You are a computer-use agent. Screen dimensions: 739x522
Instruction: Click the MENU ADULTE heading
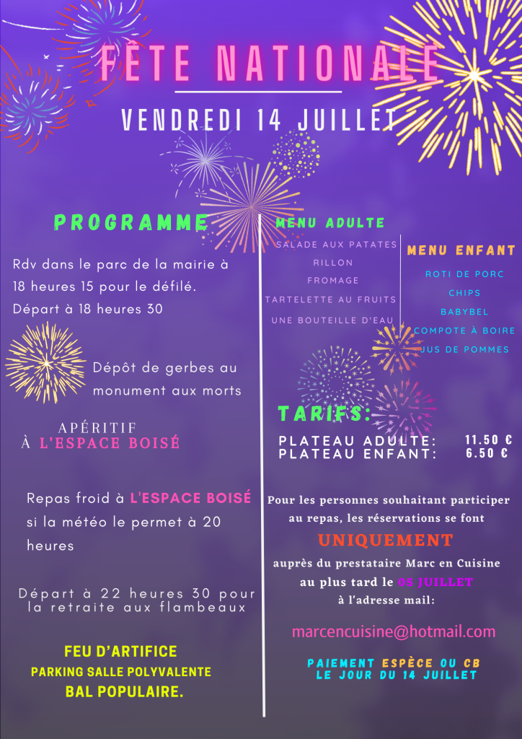coord(330,223)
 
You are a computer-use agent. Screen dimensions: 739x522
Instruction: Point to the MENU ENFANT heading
coord(461,250)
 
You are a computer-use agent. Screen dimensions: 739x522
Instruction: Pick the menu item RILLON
coord(333,263)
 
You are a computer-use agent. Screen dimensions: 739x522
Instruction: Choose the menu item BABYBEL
coord(464,312)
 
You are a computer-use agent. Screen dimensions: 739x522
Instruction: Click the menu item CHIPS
coord(464,293)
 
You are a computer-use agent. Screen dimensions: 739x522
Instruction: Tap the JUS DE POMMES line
coord(464,349)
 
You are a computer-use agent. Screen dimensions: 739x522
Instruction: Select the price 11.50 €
coord(488,440)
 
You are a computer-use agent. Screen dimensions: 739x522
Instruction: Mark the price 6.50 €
coord(488,453)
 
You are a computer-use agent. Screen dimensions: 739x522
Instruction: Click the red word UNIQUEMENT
coord(386,540)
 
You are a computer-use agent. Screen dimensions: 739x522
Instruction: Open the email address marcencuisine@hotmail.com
coord(394,631)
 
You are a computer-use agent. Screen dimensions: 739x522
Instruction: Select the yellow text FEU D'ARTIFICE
coord(120,652)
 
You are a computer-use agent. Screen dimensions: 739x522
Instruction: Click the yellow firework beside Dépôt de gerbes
coord(45,362)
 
